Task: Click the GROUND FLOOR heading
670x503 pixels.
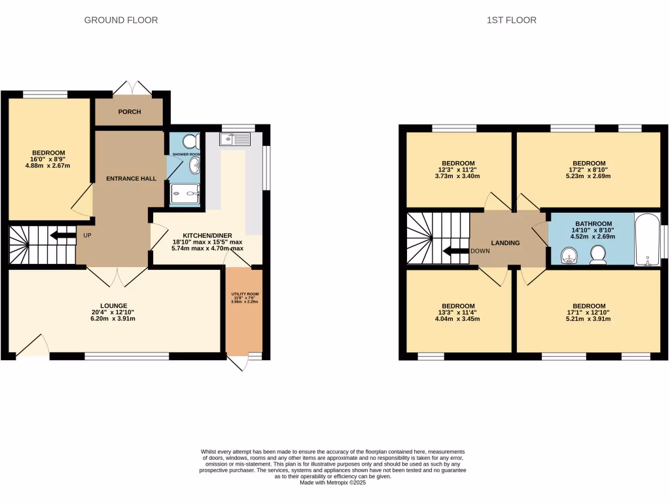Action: click(121, 20)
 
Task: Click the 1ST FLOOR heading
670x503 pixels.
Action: click(511, 20)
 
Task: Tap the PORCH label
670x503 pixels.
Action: click(130, 112)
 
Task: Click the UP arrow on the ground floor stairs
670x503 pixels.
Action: click(62, 235)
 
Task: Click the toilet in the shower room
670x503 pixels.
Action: click(191, 141)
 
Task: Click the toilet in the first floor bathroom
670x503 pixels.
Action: click(597, 254)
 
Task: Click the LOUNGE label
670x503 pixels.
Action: click(114, 306)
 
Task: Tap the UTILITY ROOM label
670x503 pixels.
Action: click(243, 294)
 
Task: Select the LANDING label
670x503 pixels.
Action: click(505, 243)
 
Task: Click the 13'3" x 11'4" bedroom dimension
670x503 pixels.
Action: click(457, 313)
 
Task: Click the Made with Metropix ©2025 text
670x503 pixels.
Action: click(332, 483)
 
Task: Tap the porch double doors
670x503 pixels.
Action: click(132, 89)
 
